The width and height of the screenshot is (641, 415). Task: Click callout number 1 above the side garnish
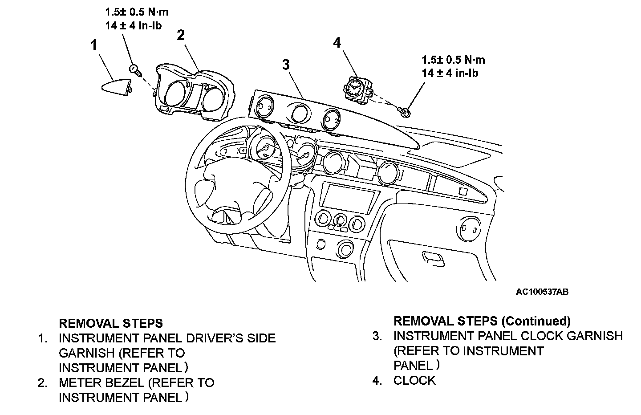pos(94,45)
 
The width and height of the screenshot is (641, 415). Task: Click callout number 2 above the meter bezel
pos(181,35)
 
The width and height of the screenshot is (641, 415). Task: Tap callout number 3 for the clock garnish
pos(286,65)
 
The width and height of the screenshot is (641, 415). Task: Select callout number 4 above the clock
pos(337,43)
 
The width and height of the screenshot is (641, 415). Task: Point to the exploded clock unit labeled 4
pos(358,90)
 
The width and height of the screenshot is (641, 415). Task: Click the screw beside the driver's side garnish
pos(136,70)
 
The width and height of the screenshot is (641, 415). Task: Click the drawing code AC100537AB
pos(542,292)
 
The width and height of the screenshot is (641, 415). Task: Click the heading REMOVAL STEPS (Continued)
pos(482,321)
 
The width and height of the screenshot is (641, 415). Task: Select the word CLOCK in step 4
pos(414,381)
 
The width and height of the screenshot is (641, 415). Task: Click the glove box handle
pos(433,259)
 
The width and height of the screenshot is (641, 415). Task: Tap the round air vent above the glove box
pos(468,229)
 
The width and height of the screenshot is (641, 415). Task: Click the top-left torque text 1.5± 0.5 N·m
pos(137,12)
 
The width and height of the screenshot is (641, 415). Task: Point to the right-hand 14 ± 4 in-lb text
pos(450,73)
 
